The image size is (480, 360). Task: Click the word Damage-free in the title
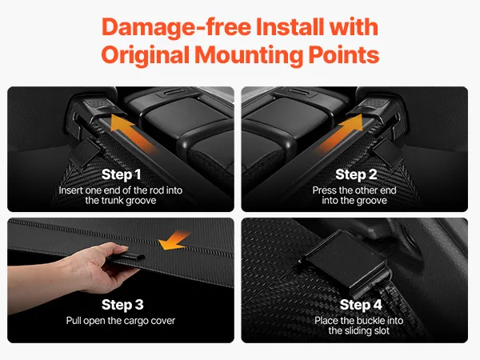(x=176, y=27)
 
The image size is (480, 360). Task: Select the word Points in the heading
(x=344, y=54)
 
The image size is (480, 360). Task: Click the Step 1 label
(x=122, y=174)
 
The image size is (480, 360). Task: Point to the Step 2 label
(x=356, y=174)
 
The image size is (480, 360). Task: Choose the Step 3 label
(x=122, y=305)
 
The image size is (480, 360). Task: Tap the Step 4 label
(x=361, y=305)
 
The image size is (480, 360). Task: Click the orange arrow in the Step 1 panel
(x=132, y=133)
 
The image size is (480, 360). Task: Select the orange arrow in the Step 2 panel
(x=342, y=133)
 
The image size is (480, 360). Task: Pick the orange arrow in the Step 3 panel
(x=173, y=241)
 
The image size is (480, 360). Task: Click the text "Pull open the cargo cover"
(x=121, y=321)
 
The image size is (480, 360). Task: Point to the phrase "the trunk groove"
(x=121, y=201)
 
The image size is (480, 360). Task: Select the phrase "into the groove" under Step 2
(x=354, y=201)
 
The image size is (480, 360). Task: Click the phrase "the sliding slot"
(x=358, y=330)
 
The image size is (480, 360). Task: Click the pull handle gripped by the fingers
(x=129, y=257)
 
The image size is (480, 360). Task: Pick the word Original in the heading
(x=146, y=55)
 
